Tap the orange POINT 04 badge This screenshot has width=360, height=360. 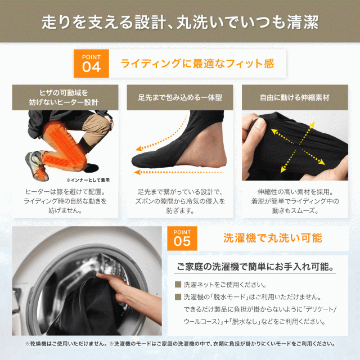[x=92, y=64]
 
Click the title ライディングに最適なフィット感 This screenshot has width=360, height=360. [x=197, y=64]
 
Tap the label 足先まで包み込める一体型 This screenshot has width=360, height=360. [x=180, y=97]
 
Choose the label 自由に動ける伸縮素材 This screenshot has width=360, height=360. [x=294, y=97]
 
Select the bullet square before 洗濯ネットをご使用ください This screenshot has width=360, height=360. [x=178, y=285]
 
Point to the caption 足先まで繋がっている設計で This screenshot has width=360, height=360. [x=180, y=191]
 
